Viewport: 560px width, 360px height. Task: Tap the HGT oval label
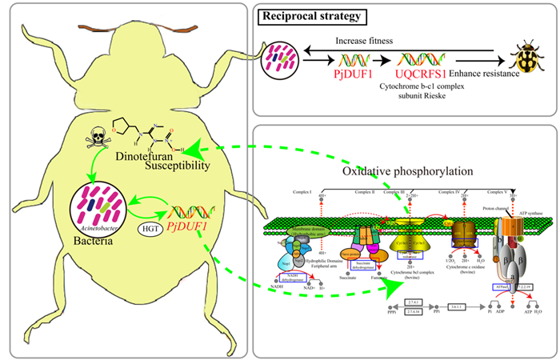pos(147,230)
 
